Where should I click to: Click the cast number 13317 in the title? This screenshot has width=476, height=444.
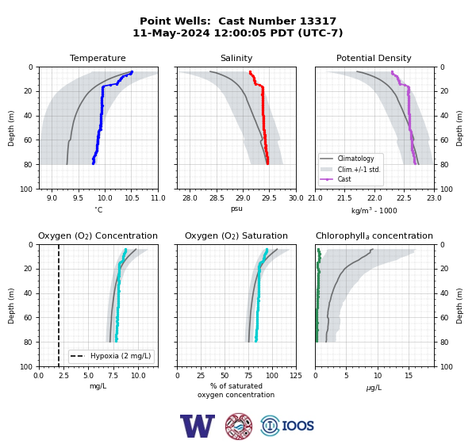tap(318, 21)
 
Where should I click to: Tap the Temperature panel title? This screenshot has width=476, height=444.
tap(98, 58)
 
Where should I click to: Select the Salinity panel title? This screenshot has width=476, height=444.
tap(236, 58)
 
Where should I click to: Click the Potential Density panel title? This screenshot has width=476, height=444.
tap(374, 58)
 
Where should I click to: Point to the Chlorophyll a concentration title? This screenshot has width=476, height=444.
tap(374, 235)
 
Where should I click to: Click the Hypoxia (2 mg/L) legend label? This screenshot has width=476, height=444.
tap(121, 356)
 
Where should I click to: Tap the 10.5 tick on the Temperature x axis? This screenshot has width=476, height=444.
tap(132, 198)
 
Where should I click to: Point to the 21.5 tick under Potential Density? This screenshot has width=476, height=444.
tap(344, 198)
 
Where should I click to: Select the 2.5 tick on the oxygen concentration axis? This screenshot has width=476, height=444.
tap(63, 375)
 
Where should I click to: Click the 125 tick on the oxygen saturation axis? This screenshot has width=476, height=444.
tap(296, 375)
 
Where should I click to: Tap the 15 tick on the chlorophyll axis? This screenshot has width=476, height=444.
tap(409, 375)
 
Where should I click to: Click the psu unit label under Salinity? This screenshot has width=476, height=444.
tap(236, 209)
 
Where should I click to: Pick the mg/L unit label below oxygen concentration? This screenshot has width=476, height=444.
tap(98, 386)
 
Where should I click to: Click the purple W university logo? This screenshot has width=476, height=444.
tap(198, 426)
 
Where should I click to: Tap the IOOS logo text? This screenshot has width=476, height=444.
tap(297, 426)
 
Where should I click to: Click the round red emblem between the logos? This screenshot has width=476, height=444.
tap(239, 426)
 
